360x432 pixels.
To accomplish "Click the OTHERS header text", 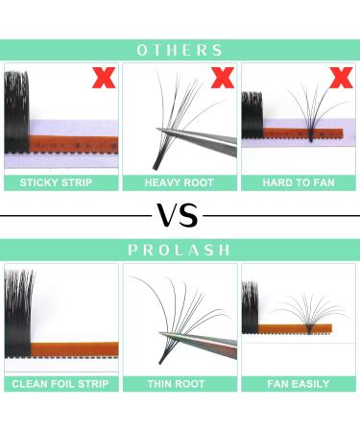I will tap(180, 50).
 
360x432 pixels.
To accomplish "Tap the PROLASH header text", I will tap(180, 250).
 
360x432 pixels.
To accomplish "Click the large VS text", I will tap(180, 214).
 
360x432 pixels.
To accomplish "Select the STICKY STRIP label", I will tap(60, 182).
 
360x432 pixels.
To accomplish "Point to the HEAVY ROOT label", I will tap(180, 182).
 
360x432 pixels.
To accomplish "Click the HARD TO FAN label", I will tap(299, 182).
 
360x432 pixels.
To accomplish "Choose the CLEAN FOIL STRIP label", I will tap(60, 384).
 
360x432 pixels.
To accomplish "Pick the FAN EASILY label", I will tap(299, 384).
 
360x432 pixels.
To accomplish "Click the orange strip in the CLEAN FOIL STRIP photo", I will tap(77, 348).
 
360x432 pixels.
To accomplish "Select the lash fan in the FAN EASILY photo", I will tap(307, 312).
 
